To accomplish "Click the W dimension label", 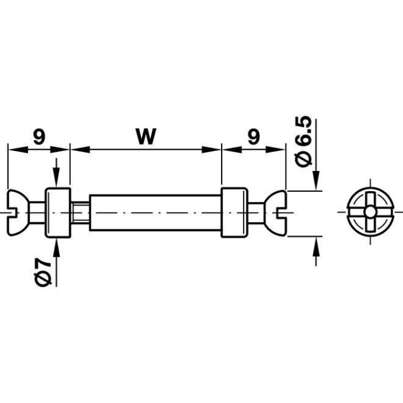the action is coord(146,136).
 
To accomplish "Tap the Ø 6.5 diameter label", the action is coord(304,142).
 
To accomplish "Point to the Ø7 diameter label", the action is coord(43,272).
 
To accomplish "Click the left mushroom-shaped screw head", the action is coord(18,212).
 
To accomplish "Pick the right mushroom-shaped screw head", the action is coord(275,212).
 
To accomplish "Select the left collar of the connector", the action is coord(58,212).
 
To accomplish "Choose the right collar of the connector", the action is coord(234,212).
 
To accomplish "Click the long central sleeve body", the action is coord(155,212).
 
